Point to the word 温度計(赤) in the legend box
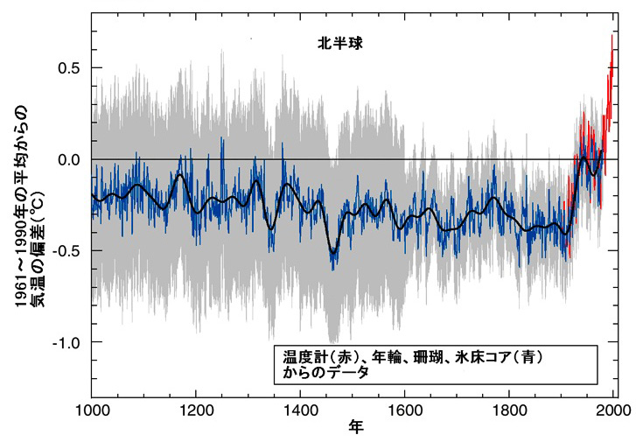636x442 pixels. point(314,356)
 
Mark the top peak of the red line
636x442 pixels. point(612,34)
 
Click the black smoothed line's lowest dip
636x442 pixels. point(332,252)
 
